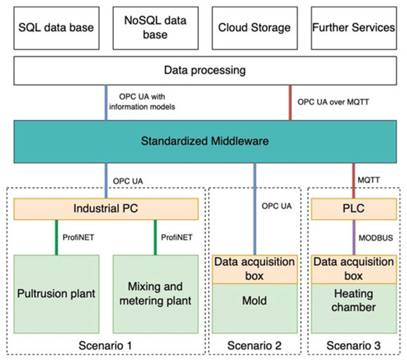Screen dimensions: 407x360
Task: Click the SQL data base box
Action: [x=56, y=28]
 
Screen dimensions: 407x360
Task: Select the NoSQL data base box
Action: [x=155, y=28]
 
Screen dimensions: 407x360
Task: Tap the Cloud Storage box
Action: [x=255, y=28]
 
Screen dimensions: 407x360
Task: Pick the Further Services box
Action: [x=354, y=28]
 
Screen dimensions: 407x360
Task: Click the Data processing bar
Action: [x=205, y=70]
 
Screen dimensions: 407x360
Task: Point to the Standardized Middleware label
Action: [x=205, y=141]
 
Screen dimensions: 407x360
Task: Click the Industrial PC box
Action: [x=106, y=209]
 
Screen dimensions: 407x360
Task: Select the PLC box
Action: [x=354, y=209]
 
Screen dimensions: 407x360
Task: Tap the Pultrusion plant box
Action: [x=56, y=294]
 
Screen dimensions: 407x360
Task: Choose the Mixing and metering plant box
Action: [x=155, y=294]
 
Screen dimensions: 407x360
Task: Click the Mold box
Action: [x=255, y=309]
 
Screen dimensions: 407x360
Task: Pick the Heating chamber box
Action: [x=354, y=309]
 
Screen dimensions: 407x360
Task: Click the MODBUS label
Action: [x=376, y=238]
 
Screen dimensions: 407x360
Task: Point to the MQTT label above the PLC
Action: [x=369, y=180]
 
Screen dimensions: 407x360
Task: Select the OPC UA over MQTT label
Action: [x=333, y=102]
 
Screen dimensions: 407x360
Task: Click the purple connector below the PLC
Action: [x=354, y=237]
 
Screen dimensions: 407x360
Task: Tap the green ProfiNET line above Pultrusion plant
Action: [x=56, y=237]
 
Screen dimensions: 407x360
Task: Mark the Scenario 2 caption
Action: [x=255, y=346]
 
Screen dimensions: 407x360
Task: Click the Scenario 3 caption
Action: [x=354, y=346]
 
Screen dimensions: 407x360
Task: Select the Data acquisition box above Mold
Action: [x=255, y=270]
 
